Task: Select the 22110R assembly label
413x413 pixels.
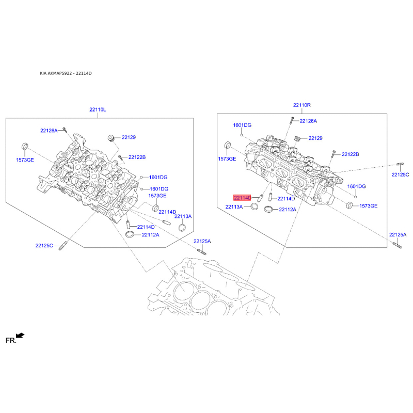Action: coord(302,105)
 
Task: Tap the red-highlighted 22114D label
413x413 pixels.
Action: coord(242,198)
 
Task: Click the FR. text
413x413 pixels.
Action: coord(11,340)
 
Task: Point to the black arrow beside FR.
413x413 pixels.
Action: coord(20,336)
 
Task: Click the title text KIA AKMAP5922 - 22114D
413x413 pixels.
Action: coord(66,73)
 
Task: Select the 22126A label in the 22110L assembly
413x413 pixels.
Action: coord(50,130)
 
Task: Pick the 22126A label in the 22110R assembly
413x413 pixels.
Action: coord(309,121)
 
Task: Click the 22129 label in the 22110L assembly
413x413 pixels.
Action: coord(129,137)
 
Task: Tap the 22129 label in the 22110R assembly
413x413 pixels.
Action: coord(315,138)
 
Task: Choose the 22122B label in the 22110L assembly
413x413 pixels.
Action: coord(137,157)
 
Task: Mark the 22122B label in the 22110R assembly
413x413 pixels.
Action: coord(350,154)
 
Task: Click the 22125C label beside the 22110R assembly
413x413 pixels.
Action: coord(400,175)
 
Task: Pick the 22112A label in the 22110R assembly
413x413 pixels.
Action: coord(288,210)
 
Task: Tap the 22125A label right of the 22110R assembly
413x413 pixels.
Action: coord(398,234)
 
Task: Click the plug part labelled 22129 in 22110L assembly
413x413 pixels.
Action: coord(110,138)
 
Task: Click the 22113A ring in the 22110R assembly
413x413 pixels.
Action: coord(254,208)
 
